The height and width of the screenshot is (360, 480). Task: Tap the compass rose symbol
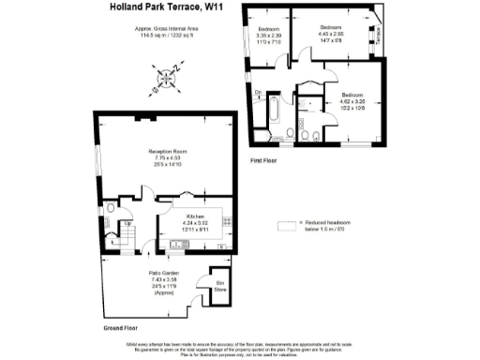tap(169, 77)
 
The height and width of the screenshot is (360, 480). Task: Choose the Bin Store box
tap(220, 287)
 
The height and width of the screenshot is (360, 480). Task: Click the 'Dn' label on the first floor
tap(258, 93)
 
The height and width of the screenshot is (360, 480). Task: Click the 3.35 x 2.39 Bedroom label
tap(269, 37)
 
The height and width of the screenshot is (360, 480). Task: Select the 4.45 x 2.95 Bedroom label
tap(331, 33)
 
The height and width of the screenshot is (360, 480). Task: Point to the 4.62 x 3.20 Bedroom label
tap(352, 100)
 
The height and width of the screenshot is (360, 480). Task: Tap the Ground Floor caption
tap(121, 328)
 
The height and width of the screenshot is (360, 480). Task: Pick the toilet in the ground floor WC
tap(112, 209)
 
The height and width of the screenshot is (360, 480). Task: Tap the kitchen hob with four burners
tap(228, 222)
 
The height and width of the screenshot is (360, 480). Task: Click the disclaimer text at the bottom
tap(240, 350)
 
